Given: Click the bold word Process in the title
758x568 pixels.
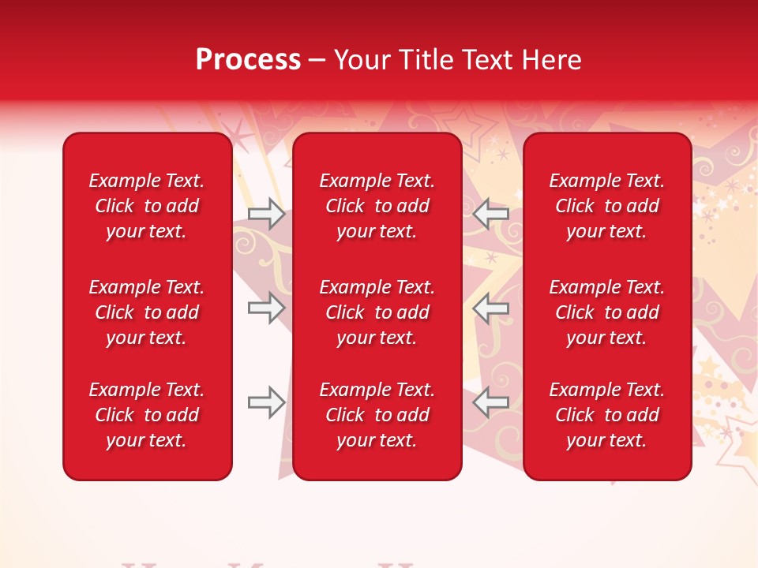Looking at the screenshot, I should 248,59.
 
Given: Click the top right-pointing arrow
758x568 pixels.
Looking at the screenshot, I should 266,214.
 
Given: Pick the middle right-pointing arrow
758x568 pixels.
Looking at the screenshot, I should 266,308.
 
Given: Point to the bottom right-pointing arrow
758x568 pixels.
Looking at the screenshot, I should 266,403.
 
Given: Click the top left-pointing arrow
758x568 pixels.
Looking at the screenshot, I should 491,214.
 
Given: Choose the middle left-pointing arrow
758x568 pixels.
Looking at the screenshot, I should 491,308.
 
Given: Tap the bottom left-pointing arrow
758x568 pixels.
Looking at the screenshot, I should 491,402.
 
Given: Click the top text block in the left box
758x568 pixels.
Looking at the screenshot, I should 147,206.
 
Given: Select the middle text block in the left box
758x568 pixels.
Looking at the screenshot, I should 147,312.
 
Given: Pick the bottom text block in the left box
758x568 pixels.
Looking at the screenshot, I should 147,415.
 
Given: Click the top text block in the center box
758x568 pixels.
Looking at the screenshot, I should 377,206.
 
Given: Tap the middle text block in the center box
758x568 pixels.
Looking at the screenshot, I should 377,312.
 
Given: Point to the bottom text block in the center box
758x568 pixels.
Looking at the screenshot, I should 377,415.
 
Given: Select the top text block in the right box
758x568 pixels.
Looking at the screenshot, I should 607,206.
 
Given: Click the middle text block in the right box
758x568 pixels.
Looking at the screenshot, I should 607,312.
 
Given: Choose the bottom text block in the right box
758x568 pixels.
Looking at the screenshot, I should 607,415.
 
